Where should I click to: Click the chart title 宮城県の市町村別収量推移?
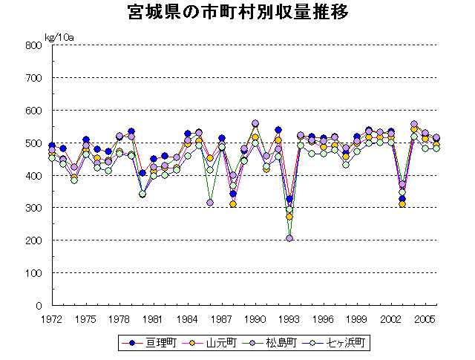(237, 13)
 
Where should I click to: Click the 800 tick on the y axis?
(33, 45)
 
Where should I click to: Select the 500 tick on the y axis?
(33, 143)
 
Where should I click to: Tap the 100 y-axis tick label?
(33, 273)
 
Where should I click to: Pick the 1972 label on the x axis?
(51, 319)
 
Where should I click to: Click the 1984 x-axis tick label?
(188, 319)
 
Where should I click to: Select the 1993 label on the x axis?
(289, 319)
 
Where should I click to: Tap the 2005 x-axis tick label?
(425, 319)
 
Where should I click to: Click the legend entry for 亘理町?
(156, 343)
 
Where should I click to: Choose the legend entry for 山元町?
(216, 343)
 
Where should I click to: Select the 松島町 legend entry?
(275, 343)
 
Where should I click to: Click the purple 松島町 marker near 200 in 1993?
(289, 238)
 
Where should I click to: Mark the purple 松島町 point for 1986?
(210, 203)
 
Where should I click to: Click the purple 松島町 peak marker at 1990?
(255, 124)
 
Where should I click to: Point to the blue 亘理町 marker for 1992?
(278, 130)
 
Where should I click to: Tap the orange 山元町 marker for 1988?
(233, 204)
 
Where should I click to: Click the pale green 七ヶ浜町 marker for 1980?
(142, 194)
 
